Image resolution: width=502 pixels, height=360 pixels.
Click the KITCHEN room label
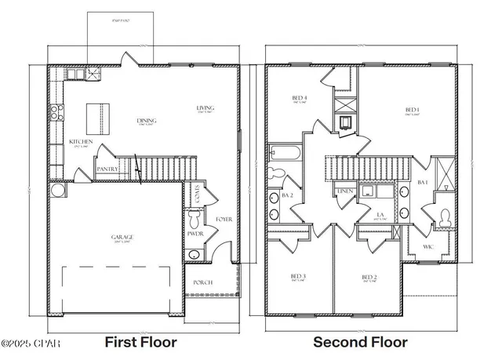[82, 141]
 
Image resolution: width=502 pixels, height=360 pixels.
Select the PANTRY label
[107, 169]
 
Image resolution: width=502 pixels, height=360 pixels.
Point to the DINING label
[147, 121]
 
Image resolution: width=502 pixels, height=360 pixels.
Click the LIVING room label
[206, 107]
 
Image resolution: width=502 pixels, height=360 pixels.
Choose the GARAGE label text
[122, 236]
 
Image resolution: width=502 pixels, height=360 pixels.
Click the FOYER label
[224, 220]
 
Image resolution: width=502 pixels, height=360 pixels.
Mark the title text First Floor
[140, 342]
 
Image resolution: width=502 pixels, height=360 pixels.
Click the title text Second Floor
[360, 342]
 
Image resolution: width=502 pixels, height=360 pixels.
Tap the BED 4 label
[300, 98]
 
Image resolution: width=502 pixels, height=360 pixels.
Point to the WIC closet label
[427, 246]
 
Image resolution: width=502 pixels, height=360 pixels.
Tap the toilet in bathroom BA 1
[443, 217]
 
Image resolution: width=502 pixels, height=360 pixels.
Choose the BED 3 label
[299, 276]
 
